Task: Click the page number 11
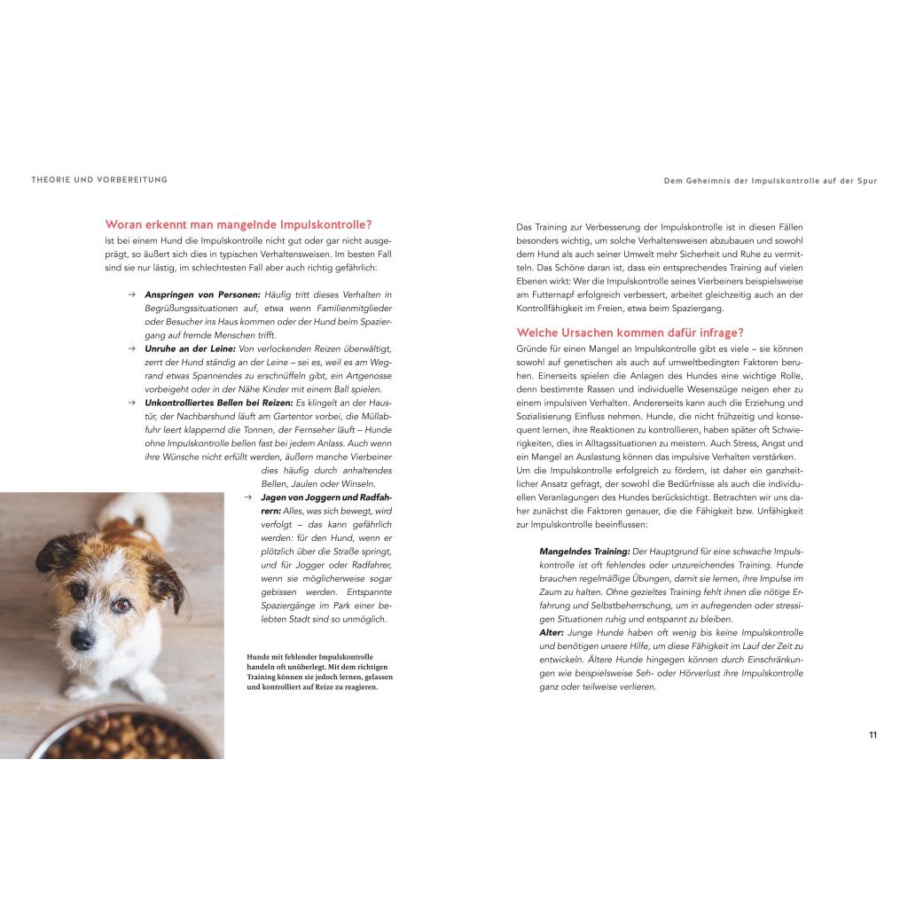pos(873,735)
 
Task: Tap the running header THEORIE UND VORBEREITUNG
pos(99,180)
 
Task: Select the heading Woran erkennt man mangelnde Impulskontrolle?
pos(239,225)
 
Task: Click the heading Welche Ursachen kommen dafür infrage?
pos(630,333)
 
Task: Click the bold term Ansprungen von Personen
pos(202,294)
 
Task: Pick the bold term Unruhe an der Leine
pos(191,348)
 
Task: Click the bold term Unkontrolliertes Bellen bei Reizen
pos(219,403)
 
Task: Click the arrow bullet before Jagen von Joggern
pos(249,497)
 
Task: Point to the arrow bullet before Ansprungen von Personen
pos(131,294)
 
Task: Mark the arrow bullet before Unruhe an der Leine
pos(131,348)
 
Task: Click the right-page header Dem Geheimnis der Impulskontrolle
pos(770,181)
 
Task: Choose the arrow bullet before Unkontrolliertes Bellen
pos(131,403)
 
